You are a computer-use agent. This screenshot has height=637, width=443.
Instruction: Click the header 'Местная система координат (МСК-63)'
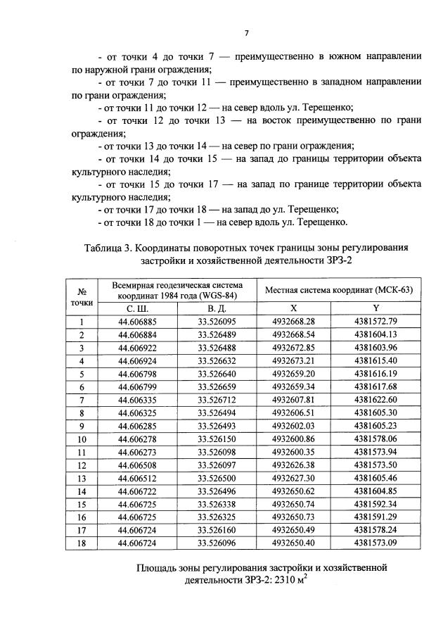pos(338,290)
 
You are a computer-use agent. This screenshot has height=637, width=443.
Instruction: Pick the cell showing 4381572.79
pos(376,322)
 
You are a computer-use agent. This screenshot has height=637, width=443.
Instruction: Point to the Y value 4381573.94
pos(376,451)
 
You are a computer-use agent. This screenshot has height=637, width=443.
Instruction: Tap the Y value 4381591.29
pos(376,516)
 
